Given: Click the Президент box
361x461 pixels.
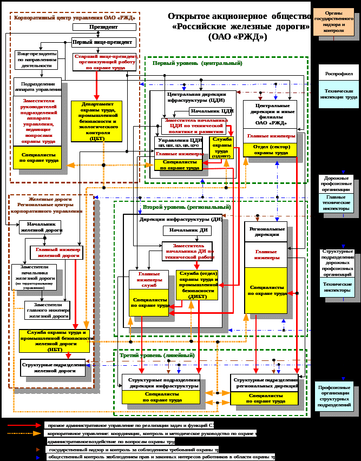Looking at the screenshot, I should [104, 27].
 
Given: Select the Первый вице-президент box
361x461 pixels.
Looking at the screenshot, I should [103, 42].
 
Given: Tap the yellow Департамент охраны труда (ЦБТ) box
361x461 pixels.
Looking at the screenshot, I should [96, 121].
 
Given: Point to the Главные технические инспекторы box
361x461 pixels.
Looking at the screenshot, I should [337, 205].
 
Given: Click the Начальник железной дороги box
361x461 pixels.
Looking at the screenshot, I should [41, 227].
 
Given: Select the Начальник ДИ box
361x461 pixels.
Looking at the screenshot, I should [187, 230].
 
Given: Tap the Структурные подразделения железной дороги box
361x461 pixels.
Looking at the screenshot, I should [53, 368].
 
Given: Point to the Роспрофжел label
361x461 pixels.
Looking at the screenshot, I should [336, 74].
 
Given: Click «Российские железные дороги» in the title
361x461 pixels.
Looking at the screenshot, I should [241, 27].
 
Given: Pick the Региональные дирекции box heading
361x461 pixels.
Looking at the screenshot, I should [265, 232].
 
